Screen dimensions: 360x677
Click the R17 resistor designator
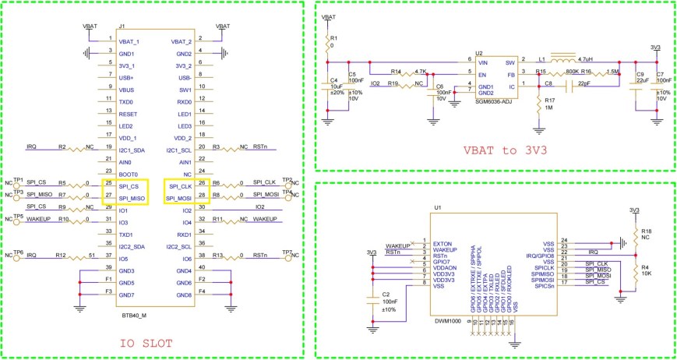click(550, 100)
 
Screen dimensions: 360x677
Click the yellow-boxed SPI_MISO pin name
click(124, 199)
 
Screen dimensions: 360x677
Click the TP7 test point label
click(287, 252)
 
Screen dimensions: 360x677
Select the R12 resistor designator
click(60, 255)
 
